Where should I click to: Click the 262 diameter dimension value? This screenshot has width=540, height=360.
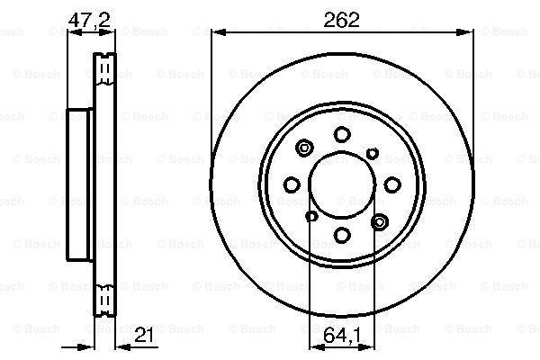(341, 20)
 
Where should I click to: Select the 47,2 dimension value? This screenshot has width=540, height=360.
(89, 20)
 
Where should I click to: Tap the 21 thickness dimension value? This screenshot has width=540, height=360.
(144, 335)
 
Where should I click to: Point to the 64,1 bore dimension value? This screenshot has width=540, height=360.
(342, 335)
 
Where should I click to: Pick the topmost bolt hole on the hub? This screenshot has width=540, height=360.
(342, 134)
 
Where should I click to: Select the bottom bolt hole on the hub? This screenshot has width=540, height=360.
(342, 235)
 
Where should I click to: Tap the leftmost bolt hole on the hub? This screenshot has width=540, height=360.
(292, 184)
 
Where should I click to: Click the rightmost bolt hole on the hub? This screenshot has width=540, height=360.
(392, 184)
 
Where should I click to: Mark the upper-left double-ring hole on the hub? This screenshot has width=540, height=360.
(304, 148)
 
